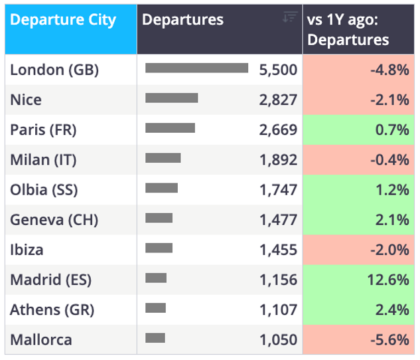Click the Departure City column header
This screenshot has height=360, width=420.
[63, 20]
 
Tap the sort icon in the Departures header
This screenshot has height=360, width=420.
[290, 17]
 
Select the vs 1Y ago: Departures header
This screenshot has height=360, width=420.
[348, 29]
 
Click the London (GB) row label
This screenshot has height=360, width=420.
[54, 70]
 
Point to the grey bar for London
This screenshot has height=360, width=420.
[196, 68]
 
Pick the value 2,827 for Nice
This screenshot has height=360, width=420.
[278, 100]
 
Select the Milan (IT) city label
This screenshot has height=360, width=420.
[43, 160]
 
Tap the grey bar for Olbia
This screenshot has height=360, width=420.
[161, 188]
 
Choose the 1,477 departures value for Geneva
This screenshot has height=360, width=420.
[278, 220]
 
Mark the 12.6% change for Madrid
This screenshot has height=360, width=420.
[388, 280]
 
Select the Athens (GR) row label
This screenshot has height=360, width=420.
[52, 310]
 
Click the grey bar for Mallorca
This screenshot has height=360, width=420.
[155, 338]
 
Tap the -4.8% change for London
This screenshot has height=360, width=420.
[389, 70]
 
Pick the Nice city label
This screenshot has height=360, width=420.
[26, 100]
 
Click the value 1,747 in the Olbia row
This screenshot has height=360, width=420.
[278, 190]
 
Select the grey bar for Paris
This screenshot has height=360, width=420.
[170, 128]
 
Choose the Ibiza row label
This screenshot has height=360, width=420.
[27, 250]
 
